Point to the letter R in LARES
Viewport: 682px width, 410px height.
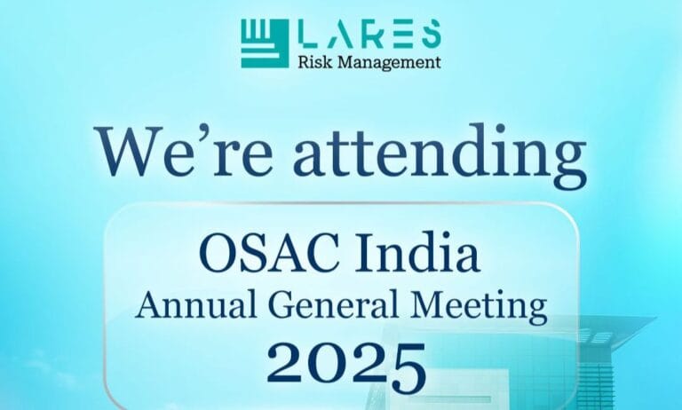(x=377, y=35)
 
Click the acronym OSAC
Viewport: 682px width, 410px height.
(x=258, y=254)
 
